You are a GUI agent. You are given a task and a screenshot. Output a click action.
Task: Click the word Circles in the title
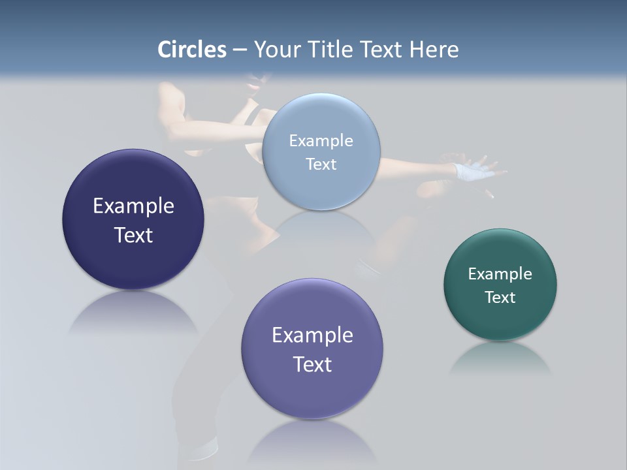[192, 50]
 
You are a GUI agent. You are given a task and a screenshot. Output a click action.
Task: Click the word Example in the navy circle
[133, 206]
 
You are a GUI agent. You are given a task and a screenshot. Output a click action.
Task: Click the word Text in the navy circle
[133, 235]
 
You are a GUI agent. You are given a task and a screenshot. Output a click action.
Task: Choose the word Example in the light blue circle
[321, 141]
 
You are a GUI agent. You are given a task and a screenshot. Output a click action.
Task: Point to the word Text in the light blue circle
[321, 164]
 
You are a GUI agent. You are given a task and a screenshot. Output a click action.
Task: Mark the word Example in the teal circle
[500, 274]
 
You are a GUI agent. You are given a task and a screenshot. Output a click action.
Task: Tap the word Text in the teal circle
[500, 298]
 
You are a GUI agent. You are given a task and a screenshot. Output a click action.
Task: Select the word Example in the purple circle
[312, 336]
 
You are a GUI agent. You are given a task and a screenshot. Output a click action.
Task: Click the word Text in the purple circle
[312, 364]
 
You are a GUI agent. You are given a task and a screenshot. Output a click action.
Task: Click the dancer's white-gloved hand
[472, 171]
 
